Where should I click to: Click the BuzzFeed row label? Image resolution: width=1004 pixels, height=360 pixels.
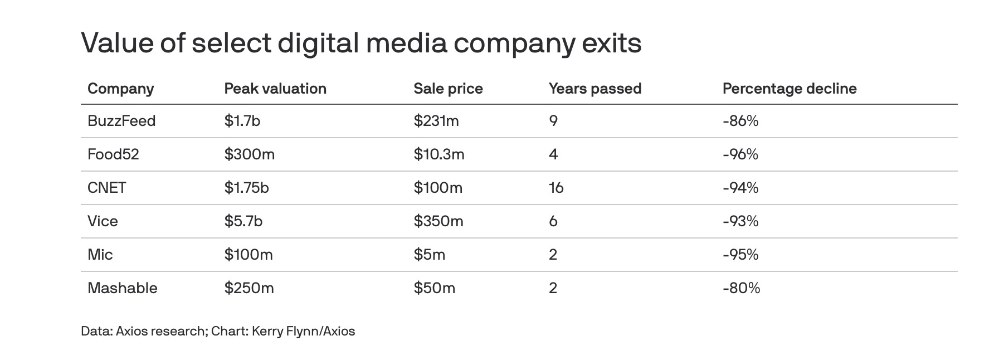pyautogui.click(x=121, y=121)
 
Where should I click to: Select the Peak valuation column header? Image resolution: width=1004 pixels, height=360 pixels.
pyautogui.click(x=275, y=89)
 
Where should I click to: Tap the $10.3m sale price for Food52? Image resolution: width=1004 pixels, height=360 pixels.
pyautogui.click(x=439, y=154)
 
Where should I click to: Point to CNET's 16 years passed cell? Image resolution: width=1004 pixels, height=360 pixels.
pyautogui.click(x=556, y=188)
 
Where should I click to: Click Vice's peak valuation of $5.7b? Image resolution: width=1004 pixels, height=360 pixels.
pyautogui.click(x=243, y=221)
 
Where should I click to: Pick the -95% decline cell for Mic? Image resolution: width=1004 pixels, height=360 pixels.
pyautogui.click(x=740, y=255)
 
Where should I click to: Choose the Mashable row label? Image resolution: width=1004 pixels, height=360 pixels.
pyautogui.click(x=123, y=288)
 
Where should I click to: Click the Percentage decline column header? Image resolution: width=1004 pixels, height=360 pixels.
pyautogui.click(x=789, y=89)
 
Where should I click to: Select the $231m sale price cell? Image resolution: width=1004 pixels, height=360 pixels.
pyautogui.click(x=436, y=121)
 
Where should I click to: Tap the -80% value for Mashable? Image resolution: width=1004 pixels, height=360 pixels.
pyautogui.click(x=741, y=288)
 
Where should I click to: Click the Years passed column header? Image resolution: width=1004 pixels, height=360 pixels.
pyautogui.click(x=595, y=89)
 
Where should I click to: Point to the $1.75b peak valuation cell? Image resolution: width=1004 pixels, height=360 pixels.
pyautogui.click(x=246, y=188)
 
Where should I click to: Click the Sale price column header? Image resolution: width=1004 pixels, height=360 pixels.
pyautogui.click(x=448, y=89)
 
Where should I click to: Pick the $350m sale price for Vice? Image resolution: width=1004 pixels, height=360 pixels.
pyautogui.click(x=438, y=221)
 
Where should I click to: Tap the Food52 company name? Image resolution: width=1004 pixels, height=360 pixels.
pyautogui.click(x=113, y=154)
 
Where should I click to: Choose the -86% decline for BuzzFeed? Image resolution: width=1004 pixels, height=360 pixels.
pyautogui.click(x=740, y=121)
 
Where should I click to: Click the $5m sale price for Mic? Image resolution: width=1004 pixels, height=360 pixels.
pyautogui.click(x=429, y=255)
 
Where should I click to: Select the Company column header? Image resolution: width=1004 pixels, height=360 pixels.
pyautogui.click(x=120, y=89)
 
